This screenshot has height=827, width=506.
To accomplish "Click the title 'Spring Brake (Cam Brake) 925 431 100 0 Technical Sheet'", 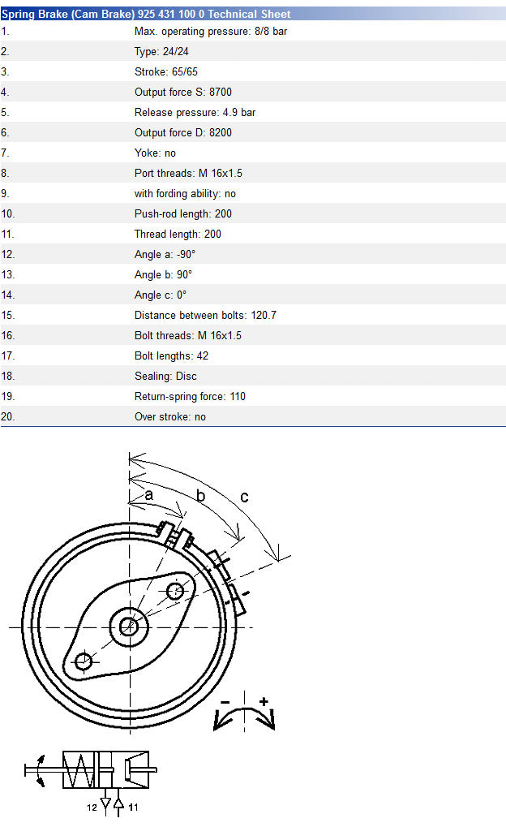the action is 146,14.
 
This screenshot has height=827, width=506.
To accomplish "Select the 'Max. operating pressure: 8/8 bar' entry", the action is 211,31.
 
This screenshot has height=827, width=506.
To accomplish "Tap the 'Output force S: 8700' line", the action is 183,92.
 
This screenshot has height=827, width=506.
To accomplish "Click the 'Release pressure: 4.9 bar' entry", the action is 195,112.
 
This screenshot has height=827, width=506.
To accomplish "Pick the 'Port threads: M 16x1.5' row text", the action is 188,173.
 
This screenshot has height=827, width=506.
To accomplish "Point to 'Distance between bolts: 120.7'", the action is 205,315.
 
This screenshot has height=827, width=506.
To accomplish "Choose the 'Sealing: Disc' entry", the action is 165,376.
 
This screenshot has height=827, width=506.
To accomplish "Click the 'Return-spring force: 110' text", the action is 190,396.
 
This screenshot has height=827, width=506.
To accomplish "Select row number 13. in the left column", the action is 8,274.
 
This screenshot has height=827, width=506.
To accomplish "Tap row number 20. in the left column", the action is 8,416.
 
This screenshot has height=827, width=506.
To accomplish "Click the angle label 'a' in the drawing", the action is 149,495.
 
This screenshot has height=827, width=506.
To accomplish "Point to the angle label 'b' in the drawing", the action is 200,495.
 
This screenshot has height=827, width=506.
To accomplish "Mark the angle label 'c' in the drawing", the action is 244,497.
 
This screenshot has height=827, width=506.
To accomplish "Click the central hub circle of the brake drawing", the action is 129,627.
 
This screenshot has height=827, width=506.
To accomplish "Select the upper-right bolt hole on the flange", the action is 175,592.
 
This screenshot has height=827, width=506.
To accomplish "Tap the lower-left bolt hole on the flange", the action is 84,661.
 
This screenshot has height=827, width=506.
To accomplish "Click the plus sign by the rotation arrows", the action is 264,701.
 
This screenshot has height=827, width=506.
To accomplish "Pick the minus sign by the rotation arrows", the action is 225,702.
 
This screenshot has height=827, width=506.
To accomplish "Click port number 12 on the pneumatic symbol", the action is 92,807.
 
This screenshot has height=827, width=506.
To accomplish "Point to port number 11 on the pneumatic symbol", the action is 133,807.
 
